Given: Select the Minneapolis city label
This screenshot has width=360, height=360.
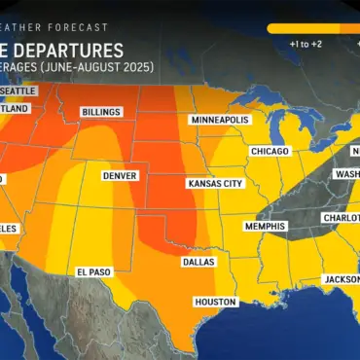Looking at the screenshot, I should (220, 120).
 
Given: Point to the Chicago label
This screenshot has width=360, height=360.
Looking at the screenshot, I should (269, 152).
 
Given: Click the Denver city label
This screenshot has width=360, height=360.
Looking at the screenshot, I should (120, 176).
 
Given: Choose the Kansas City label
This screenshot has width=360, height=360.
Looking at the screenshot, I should (215, 184).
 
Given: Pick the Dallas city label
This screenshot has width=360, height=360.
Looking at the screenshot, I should (199, 262).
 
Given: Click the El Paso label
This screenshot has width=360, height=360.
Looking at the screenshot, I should (95, 271).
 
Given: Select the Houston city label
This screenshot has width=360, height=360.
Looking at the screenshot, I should (215, 302).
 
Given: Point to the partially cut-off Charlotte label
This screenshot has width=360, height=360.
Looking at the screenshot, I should (340, 218).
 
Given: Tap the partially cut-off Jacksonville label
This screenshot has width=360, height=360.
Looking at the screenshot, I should (340, 278).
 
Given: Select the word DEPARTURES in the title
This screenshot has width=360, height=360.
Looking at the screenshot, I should (72, 49).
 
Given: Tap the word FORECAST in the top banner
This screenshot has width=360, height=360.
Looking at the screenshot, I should (82, 27).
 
